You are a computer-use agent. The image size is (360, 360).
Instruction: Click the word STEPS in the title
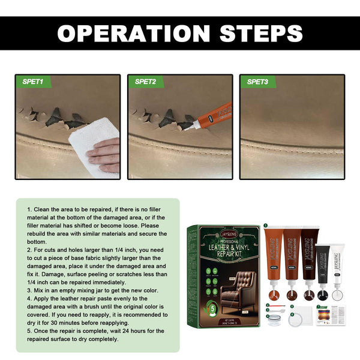pos(253,33)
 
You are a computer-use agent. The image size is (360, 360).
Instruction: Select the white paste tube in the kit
pos(338,264)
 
